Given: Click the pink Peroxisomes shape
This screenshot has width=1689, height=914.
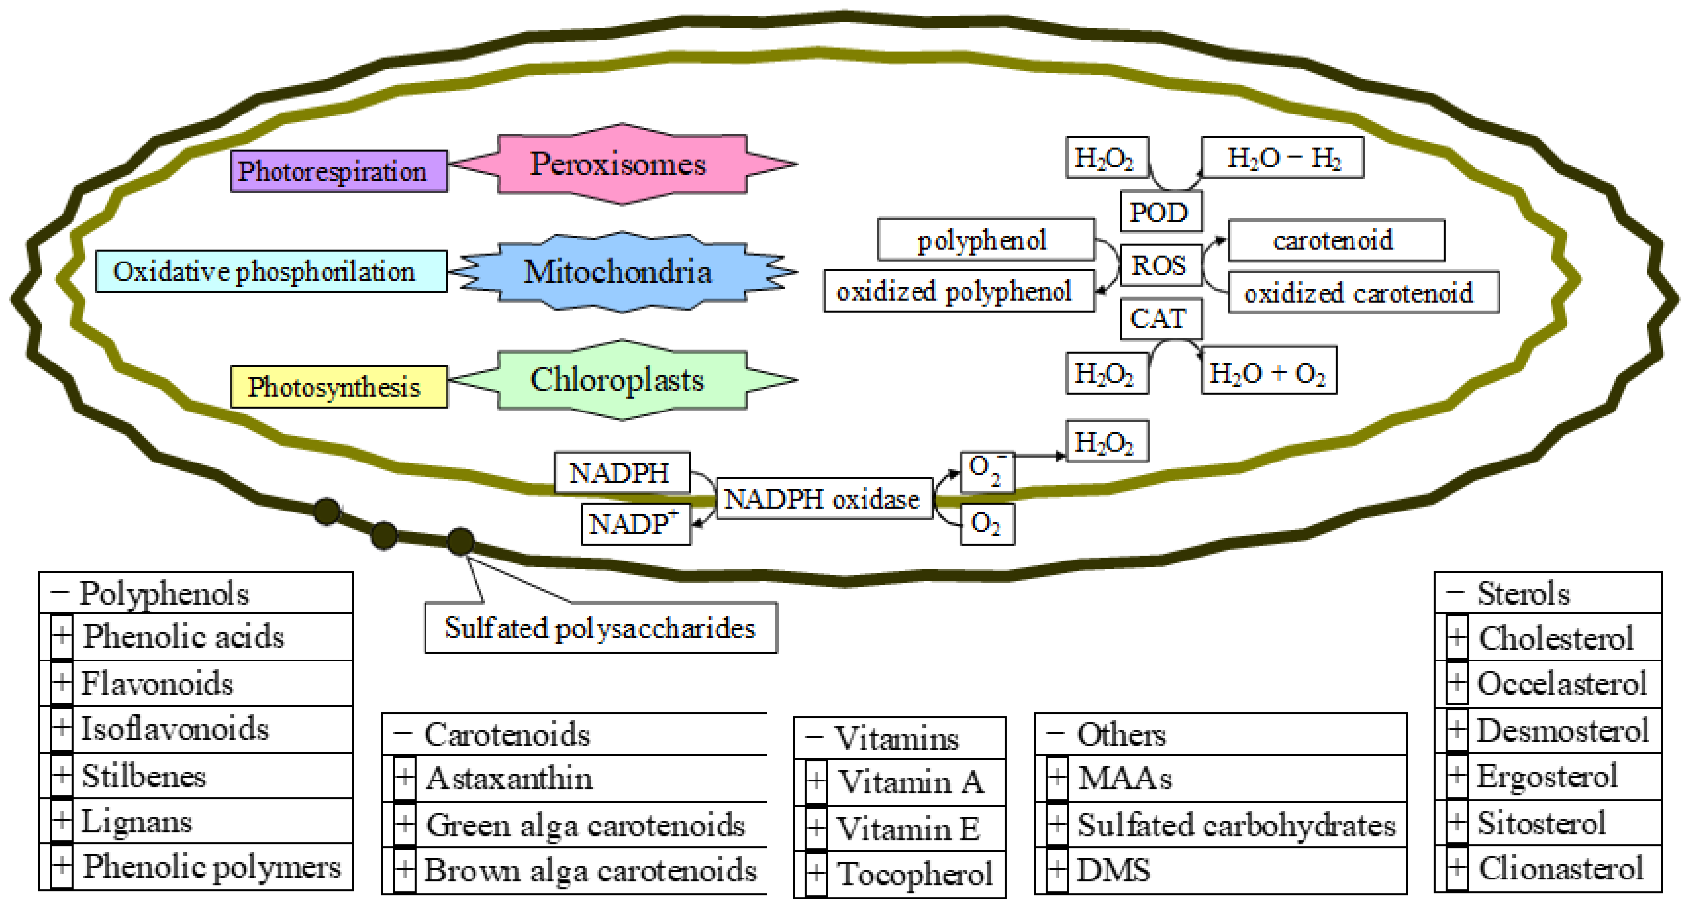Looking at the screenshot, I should click(x=620, y=164).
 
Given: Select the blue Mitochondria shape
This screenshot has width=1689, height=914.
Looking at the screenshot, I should click(x=620, y=271).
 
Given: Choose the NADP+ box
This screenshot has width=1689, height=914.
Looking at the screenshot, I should click(x=635, y=524).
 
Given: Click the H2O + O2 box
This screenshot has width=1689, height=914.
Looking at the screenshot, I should click(x=1267, y=373).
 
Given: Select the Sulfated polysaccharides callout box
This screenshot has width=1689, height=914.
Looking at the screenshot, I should click(x=600, y=627).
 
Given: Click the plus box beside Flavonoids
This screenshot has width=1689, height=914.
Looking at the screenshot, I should click(x=62, y=683).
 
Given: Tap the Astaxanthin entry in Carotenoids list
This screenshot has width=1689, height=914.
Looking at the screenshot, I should click(x=510, y=778).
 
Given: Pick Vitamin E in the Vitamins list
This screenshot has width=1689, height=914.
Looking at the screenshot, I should click(x=909, y=828).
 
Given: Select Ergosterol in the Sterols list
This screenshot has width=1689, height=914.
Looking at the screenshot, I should click(x=1547, y=776).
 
